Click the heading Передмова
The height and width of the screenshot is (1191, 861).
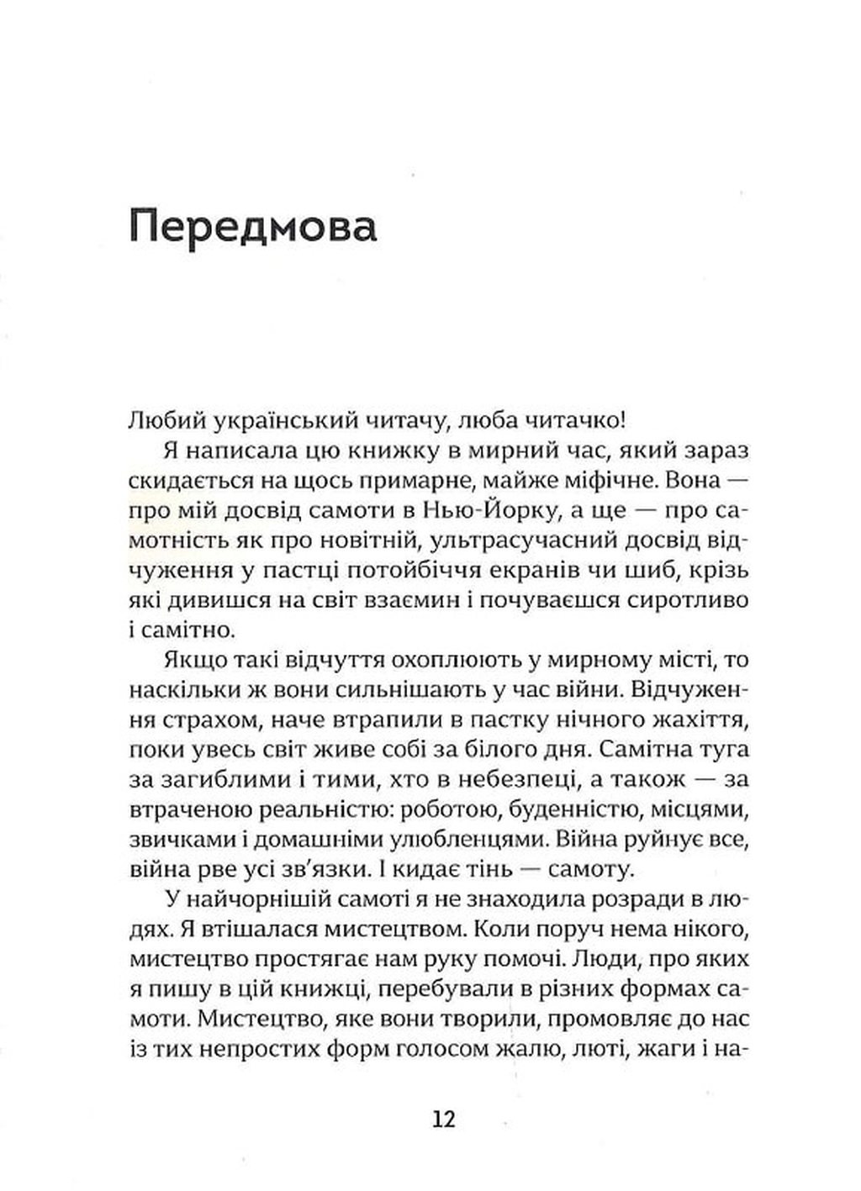point(253,229)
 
